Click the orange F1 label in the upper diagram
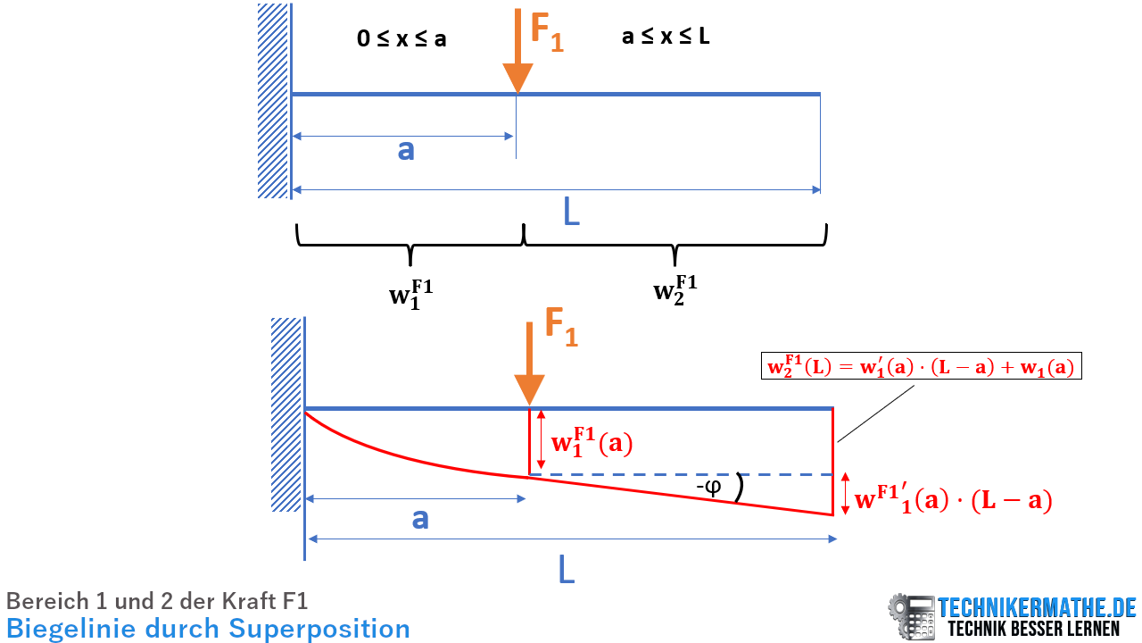[x=547, y=30]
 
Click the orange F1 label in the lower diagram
[x=560, y=328]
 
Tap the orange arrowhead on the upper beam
[x=517, y=79]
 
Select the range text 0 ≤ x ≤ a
[x=401, y=39]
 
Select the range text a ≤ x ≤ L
[x=666, y=37]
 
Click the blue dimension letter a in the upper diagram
[x=406, y=150]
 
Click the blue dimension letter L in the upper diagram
[x=571, y=212]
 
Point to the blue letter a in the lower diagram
[x=420, y=518]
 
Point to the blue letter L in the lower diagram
[x=567, y=569]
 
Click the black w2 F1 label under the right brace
[x=675, y=289]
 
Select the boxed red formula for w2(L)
[x=921, y=366]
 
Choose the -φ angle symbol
[x=710, y=488]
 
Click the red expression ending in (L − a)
[x=953, y=500]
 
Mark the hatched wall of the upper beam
[x=273, y=101]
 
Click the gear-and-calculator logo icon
[x=911, y=616]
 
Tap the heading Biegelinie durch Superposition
[x=208, y=629]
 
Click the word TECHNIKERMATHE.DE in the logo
[x=1036, y=608]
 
